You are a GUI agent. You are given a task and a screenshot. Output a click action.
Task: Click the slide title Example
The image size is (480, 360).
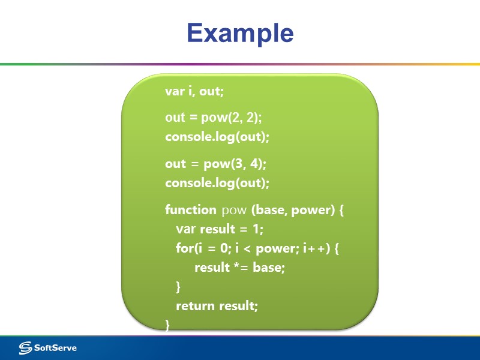click(240, 33)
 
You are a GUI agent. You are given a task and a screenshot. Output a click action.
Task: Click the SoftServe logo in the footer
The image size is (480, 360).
click(48, 347)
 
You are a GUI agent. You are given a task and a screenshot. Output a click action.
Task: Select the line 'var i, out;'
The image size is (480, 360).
click(194, 91)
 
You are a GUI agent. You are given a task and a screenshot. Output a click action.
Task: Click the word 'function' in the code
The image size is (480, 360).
click(190, 210)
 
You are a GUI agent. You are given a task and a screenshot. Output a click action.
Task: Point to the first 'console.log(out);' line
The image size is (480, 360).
click(217, 137)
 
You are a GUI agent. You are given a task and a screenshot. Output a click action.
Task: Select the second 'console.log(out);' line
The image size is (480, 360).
click(217, 182)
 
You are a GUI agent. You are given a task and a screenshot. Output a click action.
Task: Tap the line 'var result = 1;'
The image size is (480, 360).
click(220, 229)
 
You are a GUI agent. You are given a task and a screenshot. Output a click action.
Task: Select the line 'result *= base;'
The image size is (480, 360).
click(239, 268)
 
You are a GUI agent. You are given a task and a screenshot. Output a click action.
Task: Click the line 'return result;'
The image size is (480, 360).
click(217, 306)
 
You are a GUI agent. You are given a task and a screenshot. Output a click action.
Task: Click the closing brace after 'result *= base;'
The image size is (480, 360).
click(178, 287)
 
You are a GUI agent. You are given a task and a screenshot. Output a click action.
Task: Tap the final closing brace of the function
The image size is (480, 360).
click(167, 325)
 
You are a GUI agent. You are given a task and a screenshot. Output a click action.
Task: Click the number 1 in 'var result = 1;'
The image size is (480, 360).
click(258, 229)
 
